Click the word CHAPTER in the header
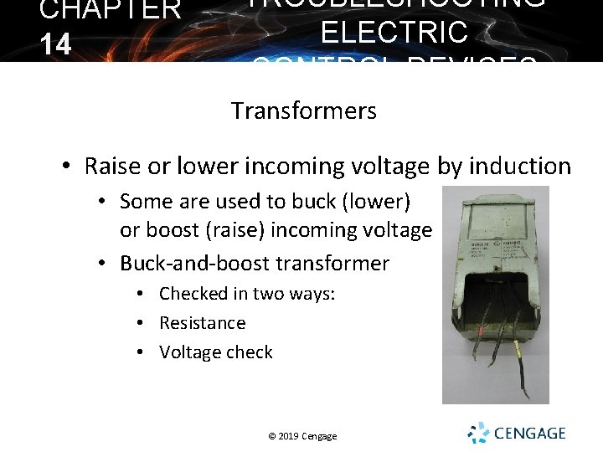point(110,10)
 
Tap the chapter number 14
point(55,44)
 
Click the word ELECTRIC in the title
point(394,33)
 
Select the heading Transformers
point(304,110)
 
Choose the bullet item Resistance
point(203,323)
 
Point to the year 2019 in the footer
point(287,436)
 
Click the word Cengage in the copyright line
point(321,436)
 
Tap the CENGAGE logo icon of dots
point(478,433)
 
